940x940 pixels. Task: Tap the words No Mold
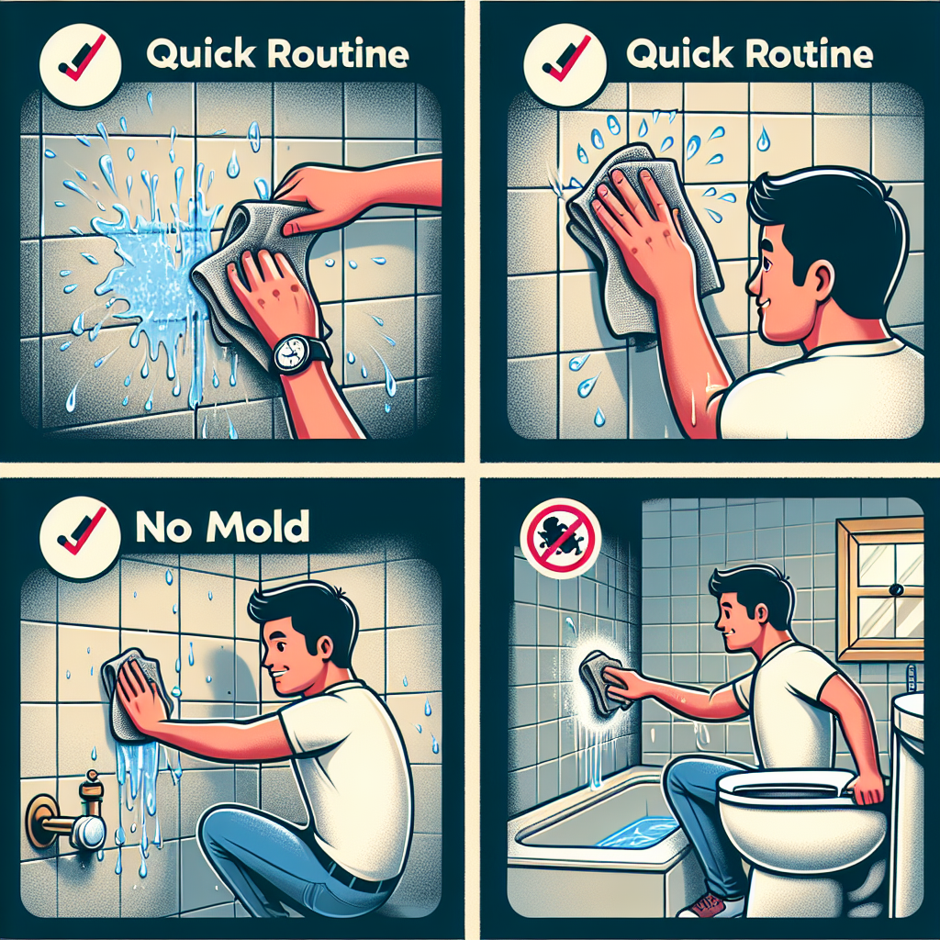click(222, 527)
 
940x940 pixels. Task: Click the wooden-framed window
click(880, 589)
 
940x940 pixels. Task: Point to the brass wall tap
click(67, 811)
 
